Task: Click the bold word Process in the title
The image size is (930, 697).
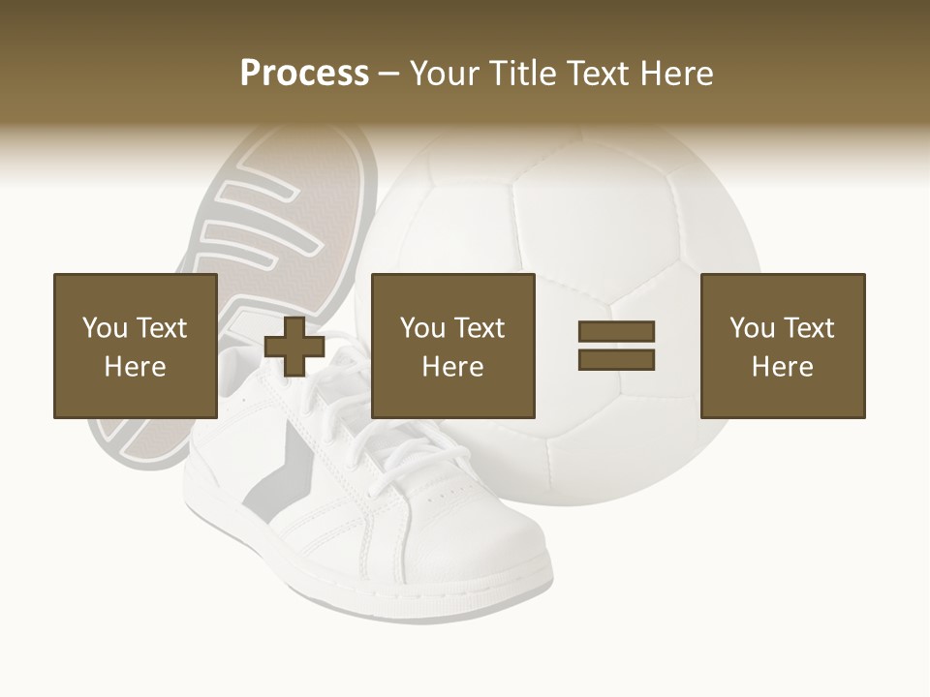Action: coord(304,74)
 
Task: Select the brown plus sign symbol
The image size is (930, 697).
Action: coord(294,347)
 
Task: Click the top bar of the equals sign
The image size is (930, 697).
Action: coord(616,332)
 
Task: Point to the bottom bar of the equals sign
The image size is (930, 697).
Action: coord(616,359)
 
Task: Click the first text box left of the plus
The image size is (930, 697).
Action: coord(135,346)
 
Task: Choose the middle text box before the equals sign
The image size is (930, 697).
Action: coord(452,346)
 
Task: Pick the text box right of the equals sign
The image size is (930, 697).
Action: coord(782,346)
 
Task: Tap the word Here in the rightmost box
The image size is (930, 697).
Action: coord(782,367)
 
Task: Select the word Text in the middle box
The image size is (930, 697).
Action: coord(479,328)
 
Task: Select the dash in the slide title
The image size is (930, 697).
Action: coord(389,74)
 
